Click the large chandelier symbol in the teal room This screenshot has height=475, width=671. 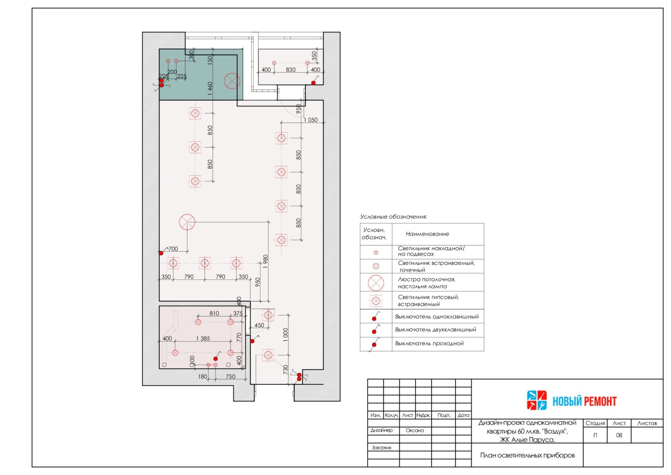(x=232, y=81)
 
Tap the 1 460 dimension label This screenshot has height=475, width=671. (x=210, y=89)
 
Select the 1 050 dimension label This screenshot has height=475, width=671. (x=311, y=120)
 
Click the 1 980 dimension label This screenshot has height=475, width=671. (x=265, y=261)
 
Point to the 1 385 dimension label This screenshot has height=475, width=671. (x=203, y=338)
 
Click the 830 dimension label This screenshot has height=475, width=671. (x=291, y=70)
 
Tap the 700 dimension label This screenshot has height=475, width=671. (x=173, y=249)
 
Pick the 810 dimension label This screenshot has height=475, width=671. (x=214, y=313)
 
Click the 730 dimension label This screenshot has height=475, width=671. (x=286, y=370)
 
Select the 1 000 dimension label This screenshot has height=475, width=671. (x=286, y=335)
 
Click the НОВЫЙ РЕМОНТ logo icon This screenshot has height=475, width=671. (x=536, y=400)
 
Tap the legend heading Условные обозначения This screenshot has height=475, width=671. (x=394, y=217)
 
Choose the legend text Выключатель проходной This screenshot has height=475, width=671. (x=429, y=343)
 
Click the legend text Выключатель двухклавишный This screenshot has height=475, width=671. (x=436, y=330)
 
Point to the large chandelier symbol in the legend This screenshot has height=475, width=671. (x=376, y=283)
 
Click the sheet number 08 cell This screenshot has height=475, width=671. (x=619, y=435)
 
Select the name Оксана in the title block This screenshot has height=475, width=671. (x=415, y=431)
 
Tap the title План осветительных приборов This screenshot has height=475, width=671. (x=528, y=455)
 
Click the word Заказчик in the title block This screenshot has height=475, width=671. (x=382, y=447)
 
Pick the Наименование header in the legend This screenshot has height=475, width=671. (x=427, y=234)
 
